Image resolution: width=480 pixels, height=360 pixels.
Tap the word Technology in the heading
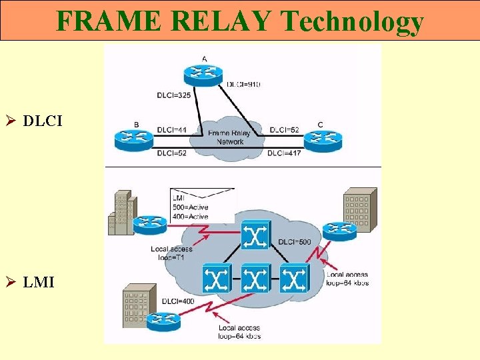point(353,21)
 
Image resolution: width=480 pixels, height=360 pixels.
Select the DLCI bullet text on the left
point(41,121)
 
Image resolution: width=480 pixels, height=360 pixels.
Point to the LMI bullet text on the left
point(39,283)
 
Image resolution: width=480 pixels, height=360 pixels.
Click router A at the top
point(204,73)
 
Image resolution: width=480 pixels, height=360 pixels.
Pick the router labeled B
point(135,139)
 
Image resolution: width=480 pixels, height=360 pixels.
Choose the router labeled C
point(322,139)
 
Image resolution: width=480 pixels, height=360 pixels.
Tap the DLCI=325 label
point(175,95)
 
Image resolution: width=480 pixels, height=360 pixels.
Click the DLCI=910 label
point(244,85)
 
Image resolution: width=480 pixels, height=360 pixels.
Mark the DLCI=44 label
point(172,129)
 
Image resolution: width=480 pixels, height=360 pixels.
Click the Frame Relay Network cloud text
point(229,137)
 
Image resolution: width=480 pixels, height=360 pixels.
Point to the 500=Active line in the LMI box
point(191,207)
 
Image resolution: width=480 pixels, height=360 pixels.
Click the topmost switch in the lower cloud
point(255,235)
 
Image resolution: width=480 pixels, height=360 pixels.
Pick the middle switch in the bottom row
point(255,278)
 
